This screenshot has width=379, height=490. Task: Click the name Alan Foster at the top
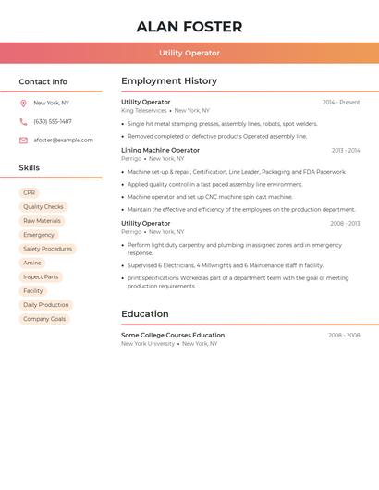[x=189, y=27]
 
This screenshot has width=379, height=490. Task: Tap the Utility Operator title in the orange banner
[x=189, y=54]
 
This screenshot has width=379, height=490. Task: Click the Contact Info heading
[x=43, y=81]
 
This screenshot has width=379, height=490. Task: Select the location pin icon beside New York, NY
[x=23, y=104]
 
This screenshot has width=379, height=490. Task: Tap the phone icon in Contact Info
[x=23, y=122]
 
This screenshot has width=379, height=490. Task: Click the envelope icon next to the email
[x=23, y=141]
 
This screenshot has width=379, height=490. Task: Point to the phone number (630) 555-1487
[x=53, y=122]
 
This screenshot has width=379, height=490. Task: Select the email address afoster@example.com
[x=63, y=141]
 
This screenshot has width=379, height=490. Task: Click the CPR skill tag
[x=30, y=193]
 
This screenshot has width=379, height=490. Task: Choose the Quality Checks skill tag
[x=43, y=207]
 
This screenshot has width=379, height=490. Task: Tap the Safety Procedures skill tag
[x=47, y=249]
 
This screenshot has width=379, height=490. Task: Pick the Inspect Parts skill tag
[x=41, y=276]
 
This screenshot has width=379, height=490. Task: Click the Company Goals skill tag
[x=44, y=319]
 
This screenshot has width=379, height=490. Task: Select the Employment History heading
[x=169, y=81]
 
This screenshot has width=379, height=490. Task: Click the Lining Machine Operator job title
[x=160, y=150]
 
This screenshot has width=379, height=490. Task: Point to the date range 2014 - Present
[x=341, y=102]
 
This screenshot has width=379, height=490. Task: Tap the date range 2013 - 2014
[x=346, y=150]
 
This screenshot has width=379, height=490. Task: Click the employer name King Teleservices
[x=144, y=110]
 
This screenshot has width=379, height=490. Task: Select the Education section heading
[x=145, y=314]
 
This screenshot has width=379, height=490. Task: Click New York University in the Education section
[x=148, y=343]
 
